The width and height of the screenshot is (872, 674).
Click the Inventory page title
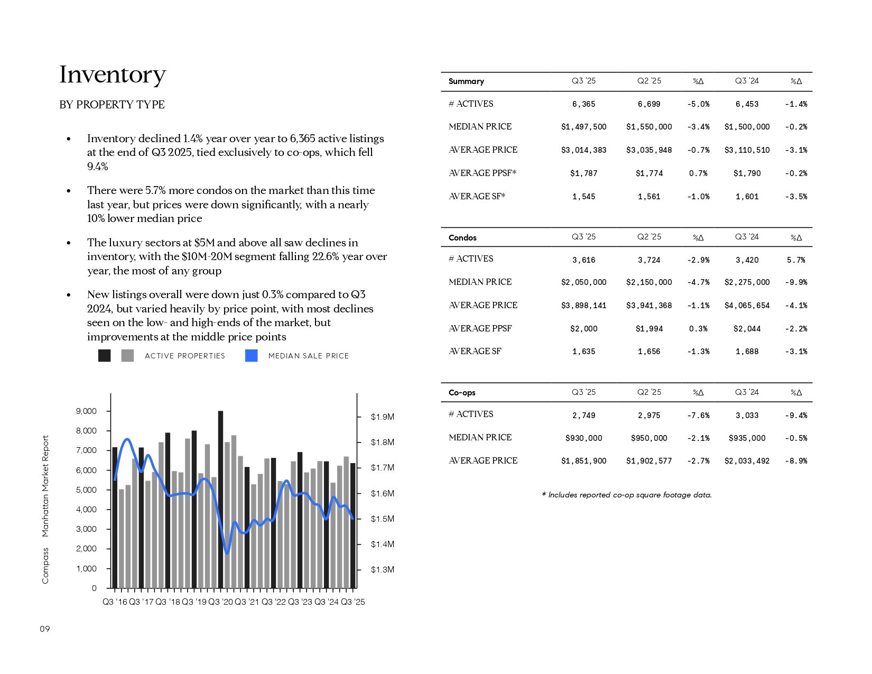(113, 75)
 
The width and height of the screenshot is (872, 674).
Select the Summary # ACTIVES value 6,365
(583, 104)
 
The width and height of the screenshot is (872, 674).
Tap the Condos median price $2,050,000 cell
(583, 282)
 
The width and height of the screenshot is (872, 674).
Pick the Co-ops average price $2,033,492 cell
(747, 461)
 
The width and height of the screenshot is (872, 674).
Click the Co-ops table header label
(462, 393)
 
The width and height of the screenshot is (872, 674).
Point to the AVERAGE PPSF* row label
(483, 173)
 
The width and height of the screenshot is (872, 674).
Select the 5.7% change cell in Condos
(795, 260)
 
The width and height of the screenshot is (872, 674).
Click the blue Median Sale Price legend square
(252, 356)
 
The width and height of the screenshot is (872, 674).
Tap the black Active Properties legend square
(105, 356)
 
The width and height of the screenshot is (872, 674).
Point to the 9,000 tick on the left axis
(87, 411)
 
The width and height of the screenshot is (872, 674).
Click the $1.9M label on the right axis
(382, 417)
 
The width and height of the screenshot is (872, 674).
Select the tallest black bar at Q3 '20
(220, 499)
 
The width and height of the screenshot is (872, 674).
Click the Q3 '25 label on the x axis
(353, 602)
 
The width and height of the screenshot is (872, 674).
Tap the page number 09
(45, 629)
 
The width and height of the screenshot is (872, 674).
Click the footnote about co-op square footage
(627, 495)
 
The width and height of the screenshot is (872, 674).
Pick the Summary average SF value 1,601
(747, 197)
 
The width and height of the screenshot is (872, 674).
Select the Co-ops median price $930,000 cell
(583, 438)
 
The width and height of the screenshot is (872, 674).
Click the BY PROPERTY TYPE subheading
(112, 105)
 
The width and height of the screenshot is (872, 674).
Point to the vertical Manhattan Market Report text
(45, 486)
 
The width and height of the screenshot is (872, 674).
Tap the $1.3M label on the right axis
(382, 570)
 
